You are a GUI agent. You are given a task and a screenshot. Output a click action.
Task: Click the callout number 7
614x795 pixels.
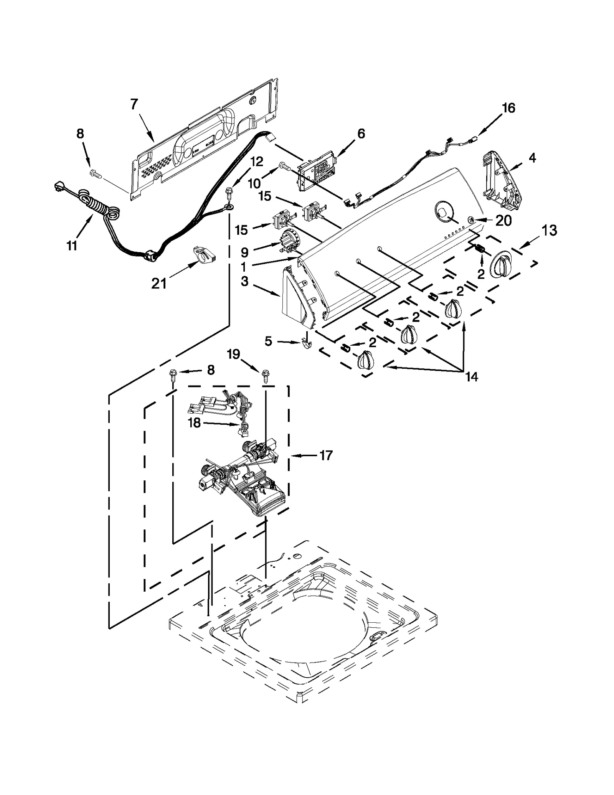click(x=134, y=104)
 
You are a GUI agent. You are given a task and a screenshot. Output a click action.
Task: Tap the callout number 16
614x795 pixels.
click(x=508, y=108)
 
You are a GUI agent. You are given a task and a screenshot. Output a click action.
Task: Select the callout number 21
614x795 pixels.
click(x=159, y=284)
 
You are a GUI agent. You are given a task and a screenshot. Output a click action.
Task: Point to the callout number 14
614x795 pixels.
click(x=472, y=377)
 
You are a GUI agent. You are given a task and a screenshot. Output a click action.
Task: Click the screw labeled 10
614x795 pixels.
click(x=284, y=166)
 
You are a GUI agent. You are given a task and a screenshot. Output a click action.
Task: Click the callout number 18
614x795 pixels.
click(x=195, y=423)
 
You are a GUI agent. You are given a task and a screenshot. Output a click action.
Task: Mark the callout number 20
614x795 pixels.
click(x=503, y=221)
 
